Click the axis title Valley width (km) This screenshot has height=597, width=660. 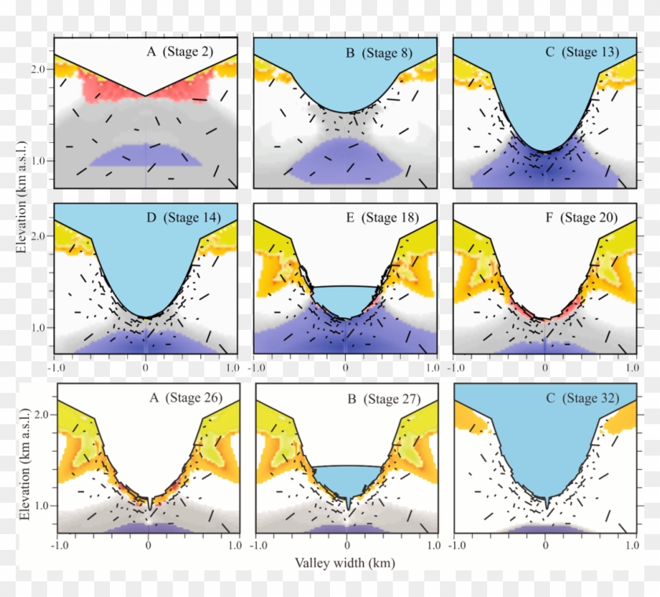click(x=345, y=563)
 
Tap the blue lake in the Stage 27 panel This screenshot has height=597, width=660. click(x=346, y=479)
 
